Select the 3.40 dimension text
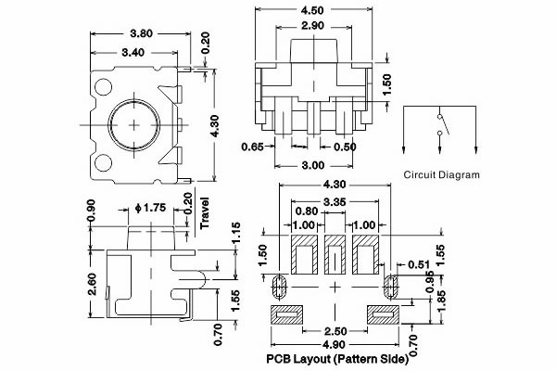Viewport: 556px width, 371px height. click(133, 53)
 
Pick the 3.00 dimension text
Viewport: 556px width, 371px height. click(313, 165)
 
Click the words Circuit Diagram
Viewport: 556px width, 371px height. click(442, 174)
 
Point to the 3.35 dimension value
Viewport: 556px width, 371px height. click(335, 202)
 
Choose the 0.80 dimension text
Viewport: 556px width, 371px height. click(307, 211)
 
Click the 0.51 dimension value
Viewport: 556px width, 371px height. click(419, 264)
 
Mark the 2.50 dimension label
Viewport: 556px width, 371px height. click(335, 331)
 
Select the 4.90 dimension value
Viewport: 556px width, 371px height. click(335, 347)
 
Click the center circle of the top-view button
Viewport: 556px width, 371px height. click(136, 122)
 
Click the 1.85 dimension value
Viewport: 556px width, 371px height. click(441, 298)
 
